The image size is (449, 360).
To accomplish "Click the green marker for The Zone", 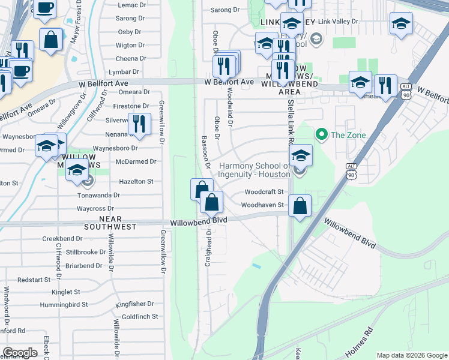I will (x=321, y=134).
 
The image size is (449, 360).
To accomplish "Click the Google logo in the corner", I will (x=20, y=353).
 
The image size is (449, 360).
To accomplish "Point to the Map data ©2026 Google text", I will (x=411, y=355).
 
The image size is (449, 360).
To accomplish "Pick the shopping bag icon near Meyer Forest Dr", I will (x=52, y=40).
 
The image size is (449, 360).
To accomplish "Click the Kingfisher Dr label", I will (x=135, y=304).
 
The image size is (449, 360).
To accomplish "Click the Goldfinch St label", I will (x=139, y=316).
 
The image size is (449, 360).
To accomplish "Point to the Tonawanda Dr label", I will (x=99, y=195).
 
